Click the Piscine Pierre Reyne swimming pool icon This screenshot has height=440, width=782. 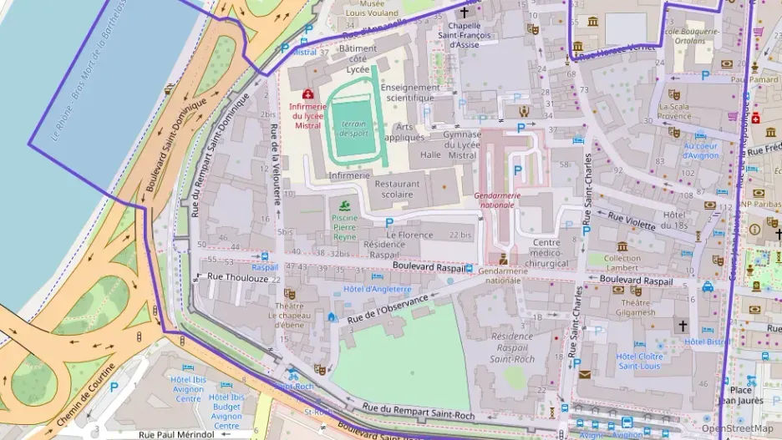click(344, 205)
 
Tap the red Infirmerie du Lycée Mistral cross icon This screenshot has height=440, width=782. click(307, 94)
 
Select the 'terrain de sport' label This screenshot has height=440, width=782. click(354, 129)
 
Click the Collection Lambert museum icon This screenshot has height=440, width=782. click(622, 246)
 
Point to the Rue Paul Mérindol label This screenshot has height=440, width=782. click(176, 434)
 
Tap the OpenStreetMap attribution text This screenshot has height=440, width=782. click(736, 429)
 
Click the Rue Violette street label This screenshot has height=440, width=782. click(631, 220)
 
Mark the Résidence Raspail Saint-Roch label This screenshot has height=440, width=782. click(512, 347)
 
